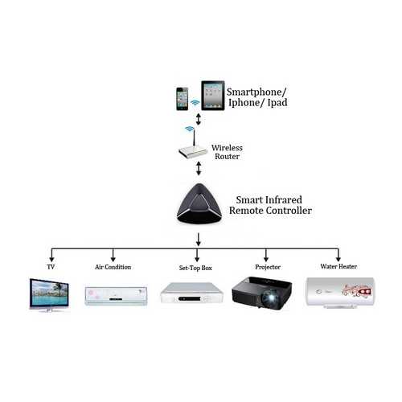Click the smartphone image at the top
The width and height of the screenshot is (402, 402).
183,99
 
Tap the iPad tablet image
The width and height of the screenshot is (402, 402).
213,96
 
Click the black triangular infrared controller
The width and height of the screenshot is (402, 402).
199,204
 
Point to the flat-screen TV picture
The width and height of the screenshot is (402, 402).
49,295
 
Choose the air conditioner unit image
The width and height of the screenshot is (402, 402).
116,296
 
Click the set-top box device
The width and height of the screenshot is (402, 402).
191,293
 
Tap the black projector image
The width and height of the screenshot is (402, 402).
262,293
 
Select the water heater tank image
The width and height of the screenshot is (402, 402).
340,293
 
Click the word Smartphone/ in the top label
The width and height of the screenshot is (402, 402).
256,92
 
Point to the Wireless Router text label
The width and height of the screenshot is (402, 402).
227,152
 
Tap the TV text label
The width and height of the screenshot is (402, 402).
51,267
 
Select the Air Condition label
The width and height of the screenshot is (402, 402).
113,267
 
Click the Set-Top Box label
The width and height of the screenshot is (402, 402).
195,268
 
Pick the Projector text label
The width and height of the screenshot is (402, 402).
268,267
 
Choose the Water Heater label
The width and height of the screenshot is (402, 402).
338,266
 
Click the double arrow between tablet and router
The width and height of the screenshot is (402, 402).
199,119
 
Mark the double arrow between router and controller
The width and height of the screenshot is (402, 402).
199,168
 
